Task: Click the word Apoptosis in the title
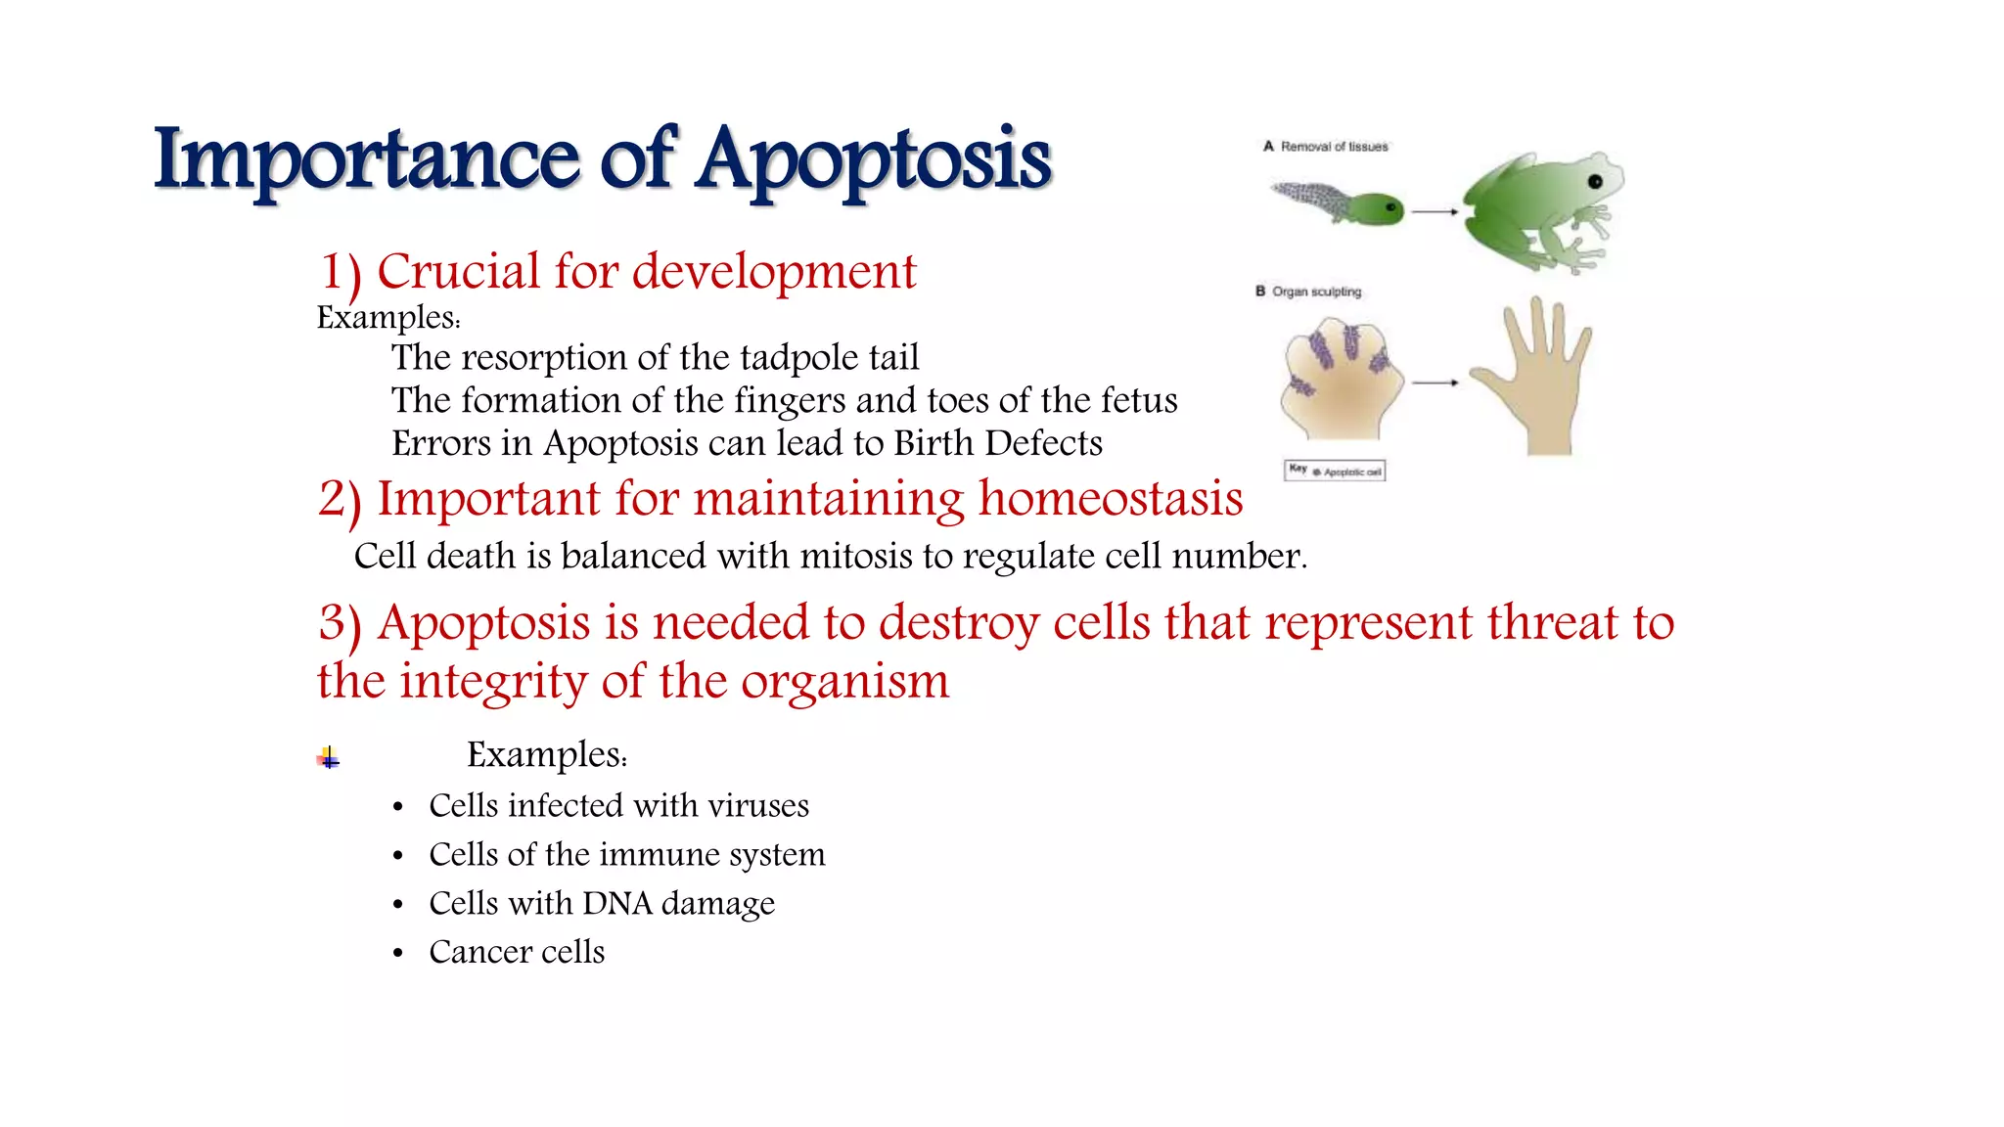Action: tap(874, 160)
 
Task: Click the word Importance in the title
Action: tap(367, 160)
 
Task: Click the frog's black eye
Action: tap(1595, 182)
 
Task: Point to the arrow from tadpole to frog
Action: tap(1435, 211)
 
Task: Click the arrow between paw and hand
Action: tap(1435, 383)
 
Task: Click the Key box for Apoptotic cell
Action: tap(1335, 471)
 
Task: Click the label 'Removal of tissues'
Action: tap(1334, 147)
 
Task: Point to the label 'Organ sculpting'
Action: tap(1316, 292)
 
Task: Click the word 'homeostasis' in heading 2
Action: tap(1111, 499)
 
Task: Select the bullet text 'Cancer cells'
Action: tap(517, 952)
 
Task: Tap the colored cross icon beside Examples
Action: tap(329, 757)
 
